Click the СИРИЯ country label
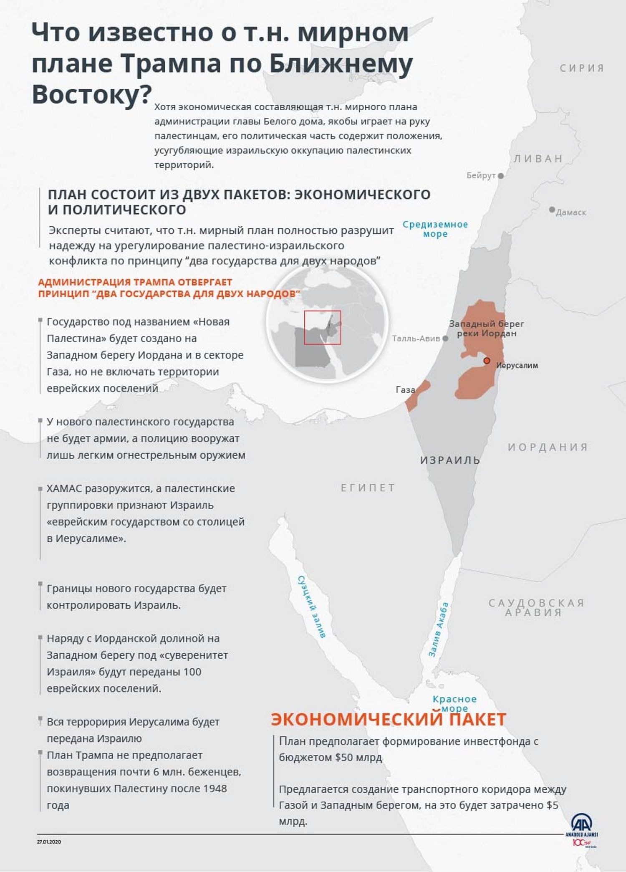[582, 68]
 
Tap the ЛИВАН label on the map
[538, 159]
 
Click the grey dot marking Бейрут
[501, 176]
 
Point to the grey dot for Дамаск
[552, 209]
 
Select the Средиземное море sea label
[435, 229]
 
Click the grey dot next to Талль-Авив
[445, 339]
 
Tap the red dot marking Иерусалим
[487, 360]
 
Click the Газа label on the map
[405, 390]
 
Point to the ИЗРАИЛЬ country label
[450, 460]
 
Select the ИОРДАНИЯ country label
[548, 447]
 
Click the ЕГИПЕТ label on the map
[368, 488]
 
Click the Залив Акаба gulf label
[439, 629]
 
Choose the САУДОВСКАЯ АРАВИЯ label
[536, 607]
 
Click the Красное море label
[454, 703]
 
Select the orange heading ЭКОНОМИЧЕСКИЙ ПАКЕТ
[388, 719]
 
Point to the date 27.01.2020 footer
[49, 842]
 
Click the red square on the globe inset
[322, 328]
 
